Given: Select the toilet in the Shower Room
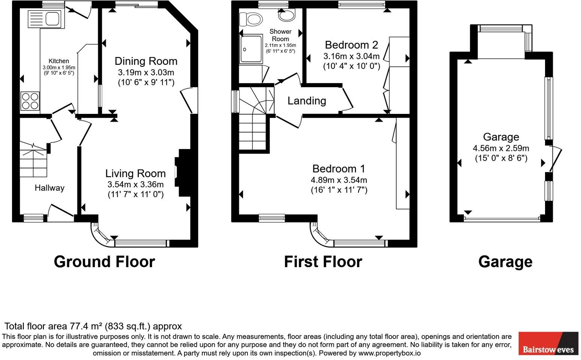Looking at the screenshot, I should [x=251, y=18].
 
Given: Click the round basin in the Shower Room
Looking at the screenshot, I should [x=286, y=15].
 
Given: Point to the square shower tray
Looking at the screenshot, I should [x=251, y=49].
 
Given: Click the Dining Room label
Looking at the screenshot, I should [x=146, y=61].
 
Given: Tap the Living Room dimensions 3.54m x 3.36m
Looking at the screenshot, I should [x=136, y=184].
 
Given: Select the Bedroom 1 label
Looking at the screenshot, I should [x=339, y=169].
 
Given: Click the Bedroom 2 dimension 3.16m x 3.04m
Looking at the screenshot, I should [x=352, y=57].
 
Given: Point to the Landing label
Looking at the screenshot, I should [x=307, y=101].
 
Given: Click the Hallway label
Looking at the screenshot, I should [x=49, y=188].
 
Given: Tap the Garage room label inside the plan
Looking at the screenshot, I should [x=501, y=137].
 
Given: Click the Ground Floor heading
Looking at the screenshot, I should [x=104, y=262].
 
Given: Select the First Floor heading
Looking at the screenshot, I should [x=323, y=262].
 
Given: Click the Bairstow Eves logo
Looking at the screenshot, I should [x=548, y=344].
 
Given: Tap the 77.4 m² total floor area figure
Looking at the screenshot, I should [x=86, y=326].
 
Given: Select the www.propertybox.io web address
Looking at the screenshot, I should [x=389, y=353].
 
